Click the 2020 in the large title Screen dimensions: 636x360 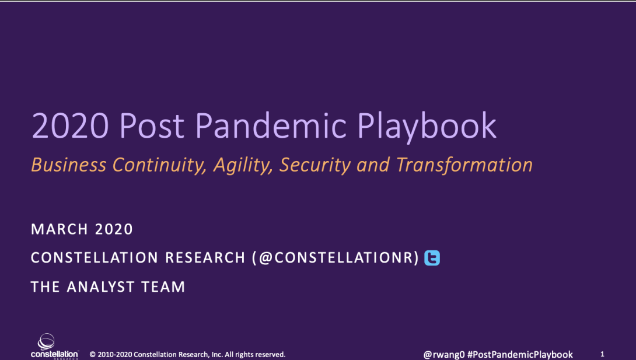coord(71,125)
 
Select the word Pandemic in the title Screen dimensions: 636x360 coord(271,125)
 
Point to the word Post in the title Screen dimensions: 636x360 coord(152,125)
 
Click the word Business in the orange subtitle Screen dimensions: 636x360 coord(69,165)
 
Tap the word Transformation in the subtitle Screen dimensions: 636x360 coord(464,165)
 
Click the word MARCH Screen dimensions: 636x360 coord(60,229)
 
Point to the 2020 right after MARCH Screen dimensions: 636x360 coord(114,229)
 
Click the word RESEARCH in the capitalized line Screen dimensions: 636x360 coord(205,258)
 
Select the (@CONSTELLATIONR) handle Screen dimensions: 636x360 coord(336,258)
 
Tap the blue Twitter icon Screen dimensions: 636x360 coord(432,258)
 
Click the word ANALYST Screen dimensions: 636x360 coord(100,287)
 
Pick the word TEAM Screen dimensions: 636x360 coord(163,287)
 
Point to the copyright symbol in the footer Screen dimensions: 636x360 coord(92,354)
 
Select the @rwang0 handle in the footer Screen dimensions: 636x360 coord(443,355)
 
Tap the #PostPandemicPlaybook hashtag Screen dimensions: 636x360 coord(520,355)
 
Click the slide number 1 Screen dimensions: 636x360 coord(602,354)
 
